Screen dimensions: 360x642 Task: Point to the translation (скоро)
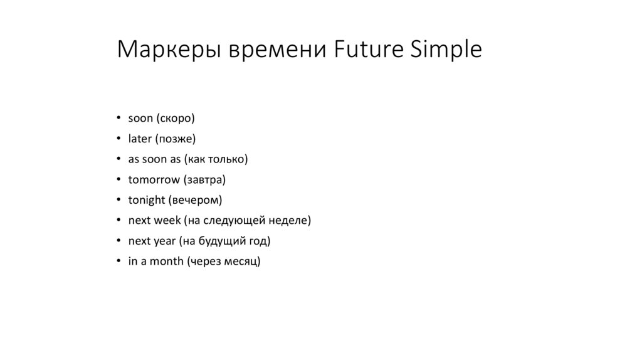pos(176,118)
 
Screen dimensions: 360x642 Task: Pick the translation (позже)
pos(175,139)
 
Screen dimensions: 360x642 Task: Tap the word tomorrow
pos(154,180)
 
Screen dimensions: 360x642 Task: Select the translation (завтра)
pos(204,180)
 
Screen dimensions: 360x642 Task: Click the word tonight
pos(146,200)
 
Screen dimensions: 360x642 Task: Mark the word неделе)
pos(292,221)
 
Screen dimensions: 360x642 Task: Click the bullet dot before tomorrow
pos(118,180)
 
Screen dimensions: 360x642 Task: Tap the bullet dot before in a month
pos(118,262)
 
